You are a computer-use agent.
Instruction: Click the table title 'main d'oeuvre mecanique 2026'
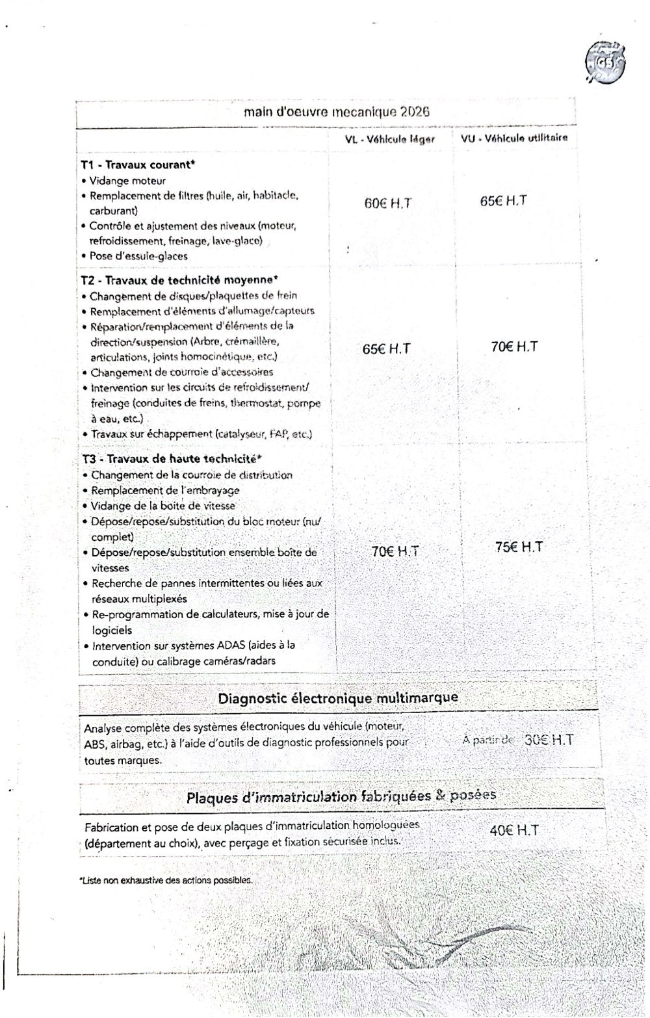pos(337,112)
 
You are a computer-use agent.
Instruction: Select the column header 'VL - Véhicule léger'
pos(389,139)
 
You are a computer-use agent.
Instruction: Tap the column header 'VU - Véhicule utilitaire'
pos(514,138)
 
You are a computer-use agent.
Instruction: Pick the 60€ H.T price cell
pos(387,203)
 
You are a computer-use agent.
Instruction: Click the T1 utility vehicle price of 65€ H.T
pos(504,201)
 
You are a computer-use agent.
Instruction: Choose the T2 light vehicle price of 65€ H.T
pos(387,349)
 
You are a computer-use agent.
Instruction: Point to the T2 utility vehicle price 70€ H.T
pos(514,346)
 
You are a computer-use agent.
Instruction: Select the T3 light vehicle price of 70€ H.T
pos(395,551)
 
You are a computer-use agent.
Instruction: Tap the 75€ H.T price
pos(519,547)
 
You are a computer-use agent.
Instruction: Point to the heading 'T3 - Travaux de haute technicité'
pos(172,459)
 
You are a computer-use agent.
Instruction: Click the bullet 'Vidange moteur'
pos(127,181)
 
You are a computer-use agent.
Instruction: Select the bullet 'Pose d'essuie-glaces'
pos(138,256)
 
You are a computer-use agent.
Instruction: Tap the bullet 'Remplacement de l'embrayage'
pos(165,491)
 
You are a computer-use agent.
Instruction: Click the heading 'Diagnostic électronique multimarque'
pos(338,698)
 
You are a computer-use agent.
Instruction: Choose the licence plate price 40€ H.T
pos(514,830)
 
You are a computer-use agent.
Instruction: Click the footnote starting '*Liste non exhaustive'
pos(166,880)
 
